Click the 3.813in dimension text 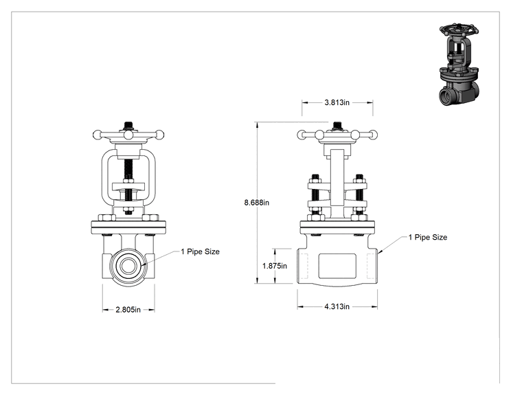point(337,102)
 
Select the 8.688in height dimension point(257,203)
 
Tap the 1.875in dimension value point(275,266)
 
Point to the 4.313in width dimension point(337,306)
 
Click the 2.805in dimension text point(128,310)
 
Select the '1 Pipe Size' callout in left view point(201,251)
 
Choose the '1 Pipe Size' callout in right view point(428,237)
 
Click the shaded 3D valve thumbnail point(459,64)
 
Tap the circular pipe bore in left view point(128,267)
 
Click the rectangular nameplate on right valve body point(337,266)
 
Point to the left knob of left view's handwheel point(97,135)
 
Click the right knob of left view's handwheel point(159,135)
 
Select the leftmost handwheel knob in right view point(302,135)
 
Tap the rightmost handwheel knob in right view point(373,135)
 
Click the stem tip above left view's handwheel point(128,126)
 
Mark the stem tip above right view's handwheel point(337,126)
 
